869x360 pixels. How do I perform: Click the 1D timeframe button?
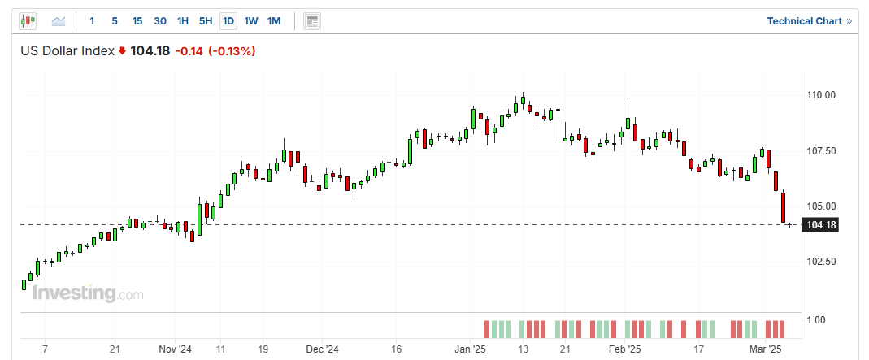(228, 20)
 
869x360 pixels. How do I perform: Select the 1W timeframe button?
(251, 20)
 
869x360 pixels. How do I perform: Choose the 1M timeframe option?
(274, 20)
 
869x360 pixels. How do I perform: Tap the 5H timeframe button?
(206, 20)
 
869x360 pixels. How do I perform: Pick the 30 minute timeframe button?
(160, 20)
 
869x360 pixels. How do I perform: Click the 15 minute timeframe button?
(137, 20)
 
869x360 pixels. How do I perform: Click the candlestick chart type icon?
(28, 20)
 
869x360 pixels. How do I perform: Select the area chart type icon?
(59, 20)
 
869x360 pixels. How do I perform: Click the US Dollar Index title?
(67, 51)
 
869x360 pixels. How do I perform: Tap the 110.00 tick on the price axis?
(821, 95)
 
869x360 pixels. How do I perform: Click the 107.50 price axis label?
(821, 150)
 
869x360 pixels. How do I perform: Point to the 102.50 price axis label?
(821, 262)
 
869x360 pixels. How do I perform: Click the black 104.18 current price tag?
(819, 225)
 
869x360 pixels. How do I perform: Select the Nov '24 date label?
(175, 349)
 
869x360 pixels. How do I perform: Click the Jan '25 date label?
(470, 349)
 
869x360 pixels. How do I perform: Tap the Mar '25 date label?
(764, 349)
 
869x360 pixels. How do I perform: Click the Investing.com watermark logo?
(88, 293)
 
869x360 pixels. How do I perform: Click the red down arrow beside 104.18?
(122, 51)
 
